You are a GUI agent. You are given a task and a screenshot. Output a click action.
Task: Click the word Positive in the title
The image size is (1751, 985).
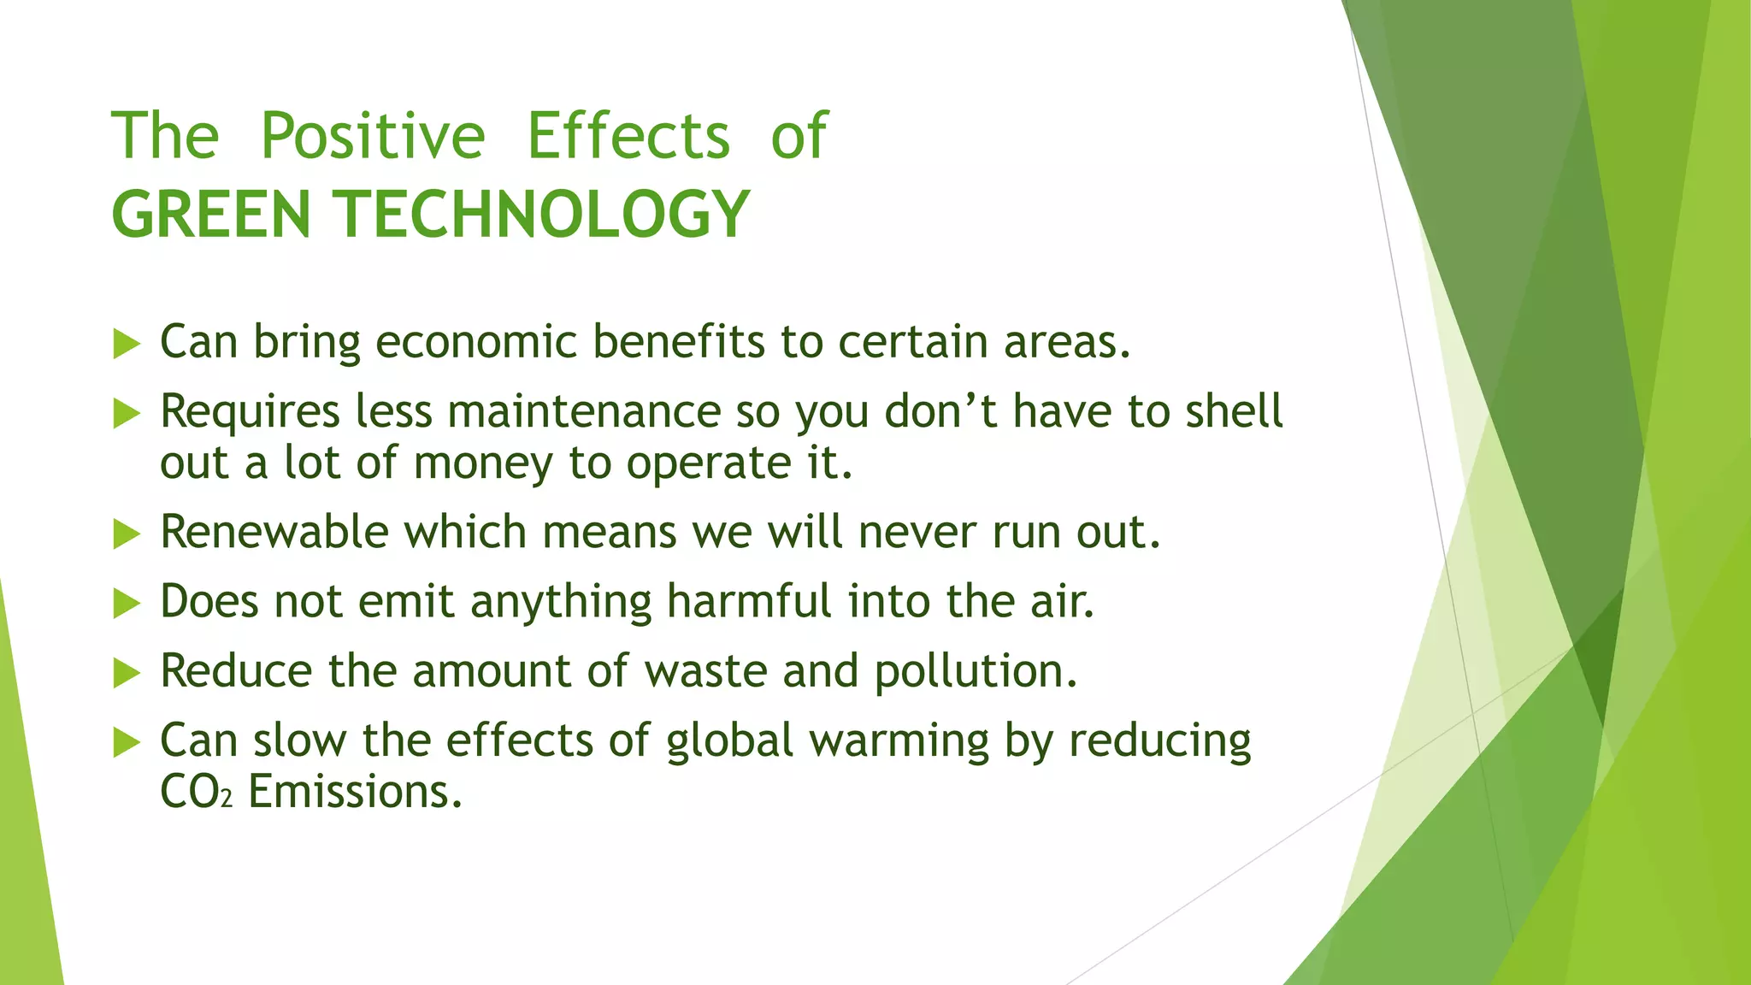(x=373, y=137)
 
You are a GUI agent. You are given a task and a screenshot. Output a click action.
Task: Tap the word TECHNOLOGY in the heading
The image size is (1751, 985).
(x=545, y=215)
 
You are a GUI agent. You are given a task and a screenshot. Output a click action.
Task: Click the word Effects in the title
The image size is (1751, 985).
(x=628, y=137)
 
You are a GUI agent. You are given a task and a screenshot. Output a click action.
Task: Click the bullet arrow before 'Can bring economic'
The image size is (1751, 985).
(x=126, y=345)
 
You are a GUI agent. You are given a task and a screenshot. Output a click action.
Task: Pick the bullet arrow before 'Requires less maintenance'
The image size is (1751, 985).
(x=126, y=415)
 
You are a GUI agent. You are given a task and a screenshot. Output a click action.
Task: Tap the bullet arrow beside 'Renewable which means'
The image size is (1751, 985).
(x=126, y=535)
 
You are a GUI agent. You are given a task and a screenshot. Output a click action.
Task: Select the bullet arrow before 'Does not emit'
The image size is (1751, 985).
(x=126, y=605)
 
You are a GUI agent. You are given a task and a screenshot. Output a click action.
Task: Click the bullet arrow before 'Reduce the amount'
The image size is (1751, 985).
(x=126, y=674)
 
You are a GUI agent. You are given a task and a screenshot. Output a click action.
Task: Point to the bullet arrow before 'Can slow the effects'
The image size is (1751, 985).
(x=126, y=743)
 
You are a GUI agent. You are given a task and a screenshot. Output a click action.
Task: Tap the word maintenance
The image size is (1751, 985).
(x=584, y=411)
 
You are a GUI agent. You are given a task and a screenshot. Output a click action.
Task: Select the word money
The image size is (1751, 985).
(x=483, y=464)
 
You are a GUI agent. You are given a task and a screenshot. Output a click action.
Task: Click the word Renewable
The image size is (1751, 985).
(x=274, y=532)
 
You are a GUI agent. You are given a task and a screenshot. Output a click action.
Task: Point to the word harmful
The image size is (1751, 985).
(x=749, y=601)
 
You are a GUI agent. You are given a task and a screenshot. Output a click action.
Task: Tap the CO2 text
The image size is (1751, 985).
(x=196, y=793)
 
